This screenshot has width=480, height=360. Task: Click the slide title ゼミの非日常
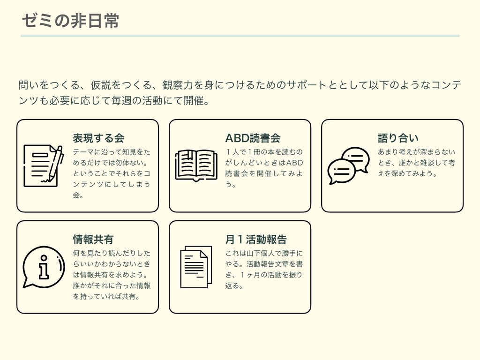(70, 21)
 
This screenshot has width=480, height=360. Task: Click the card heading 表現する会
(98, 138)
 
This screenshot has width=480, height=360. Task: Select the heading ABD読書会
(253, 138)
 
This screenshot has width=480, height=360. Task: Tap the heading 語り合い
(398, 138)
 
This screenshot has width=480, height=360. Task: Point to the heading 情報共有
(93, 240)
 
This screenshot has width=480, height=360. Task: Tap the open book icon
(195, 165)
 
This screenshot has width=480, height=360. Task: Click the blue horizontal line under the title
(240, 36)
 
